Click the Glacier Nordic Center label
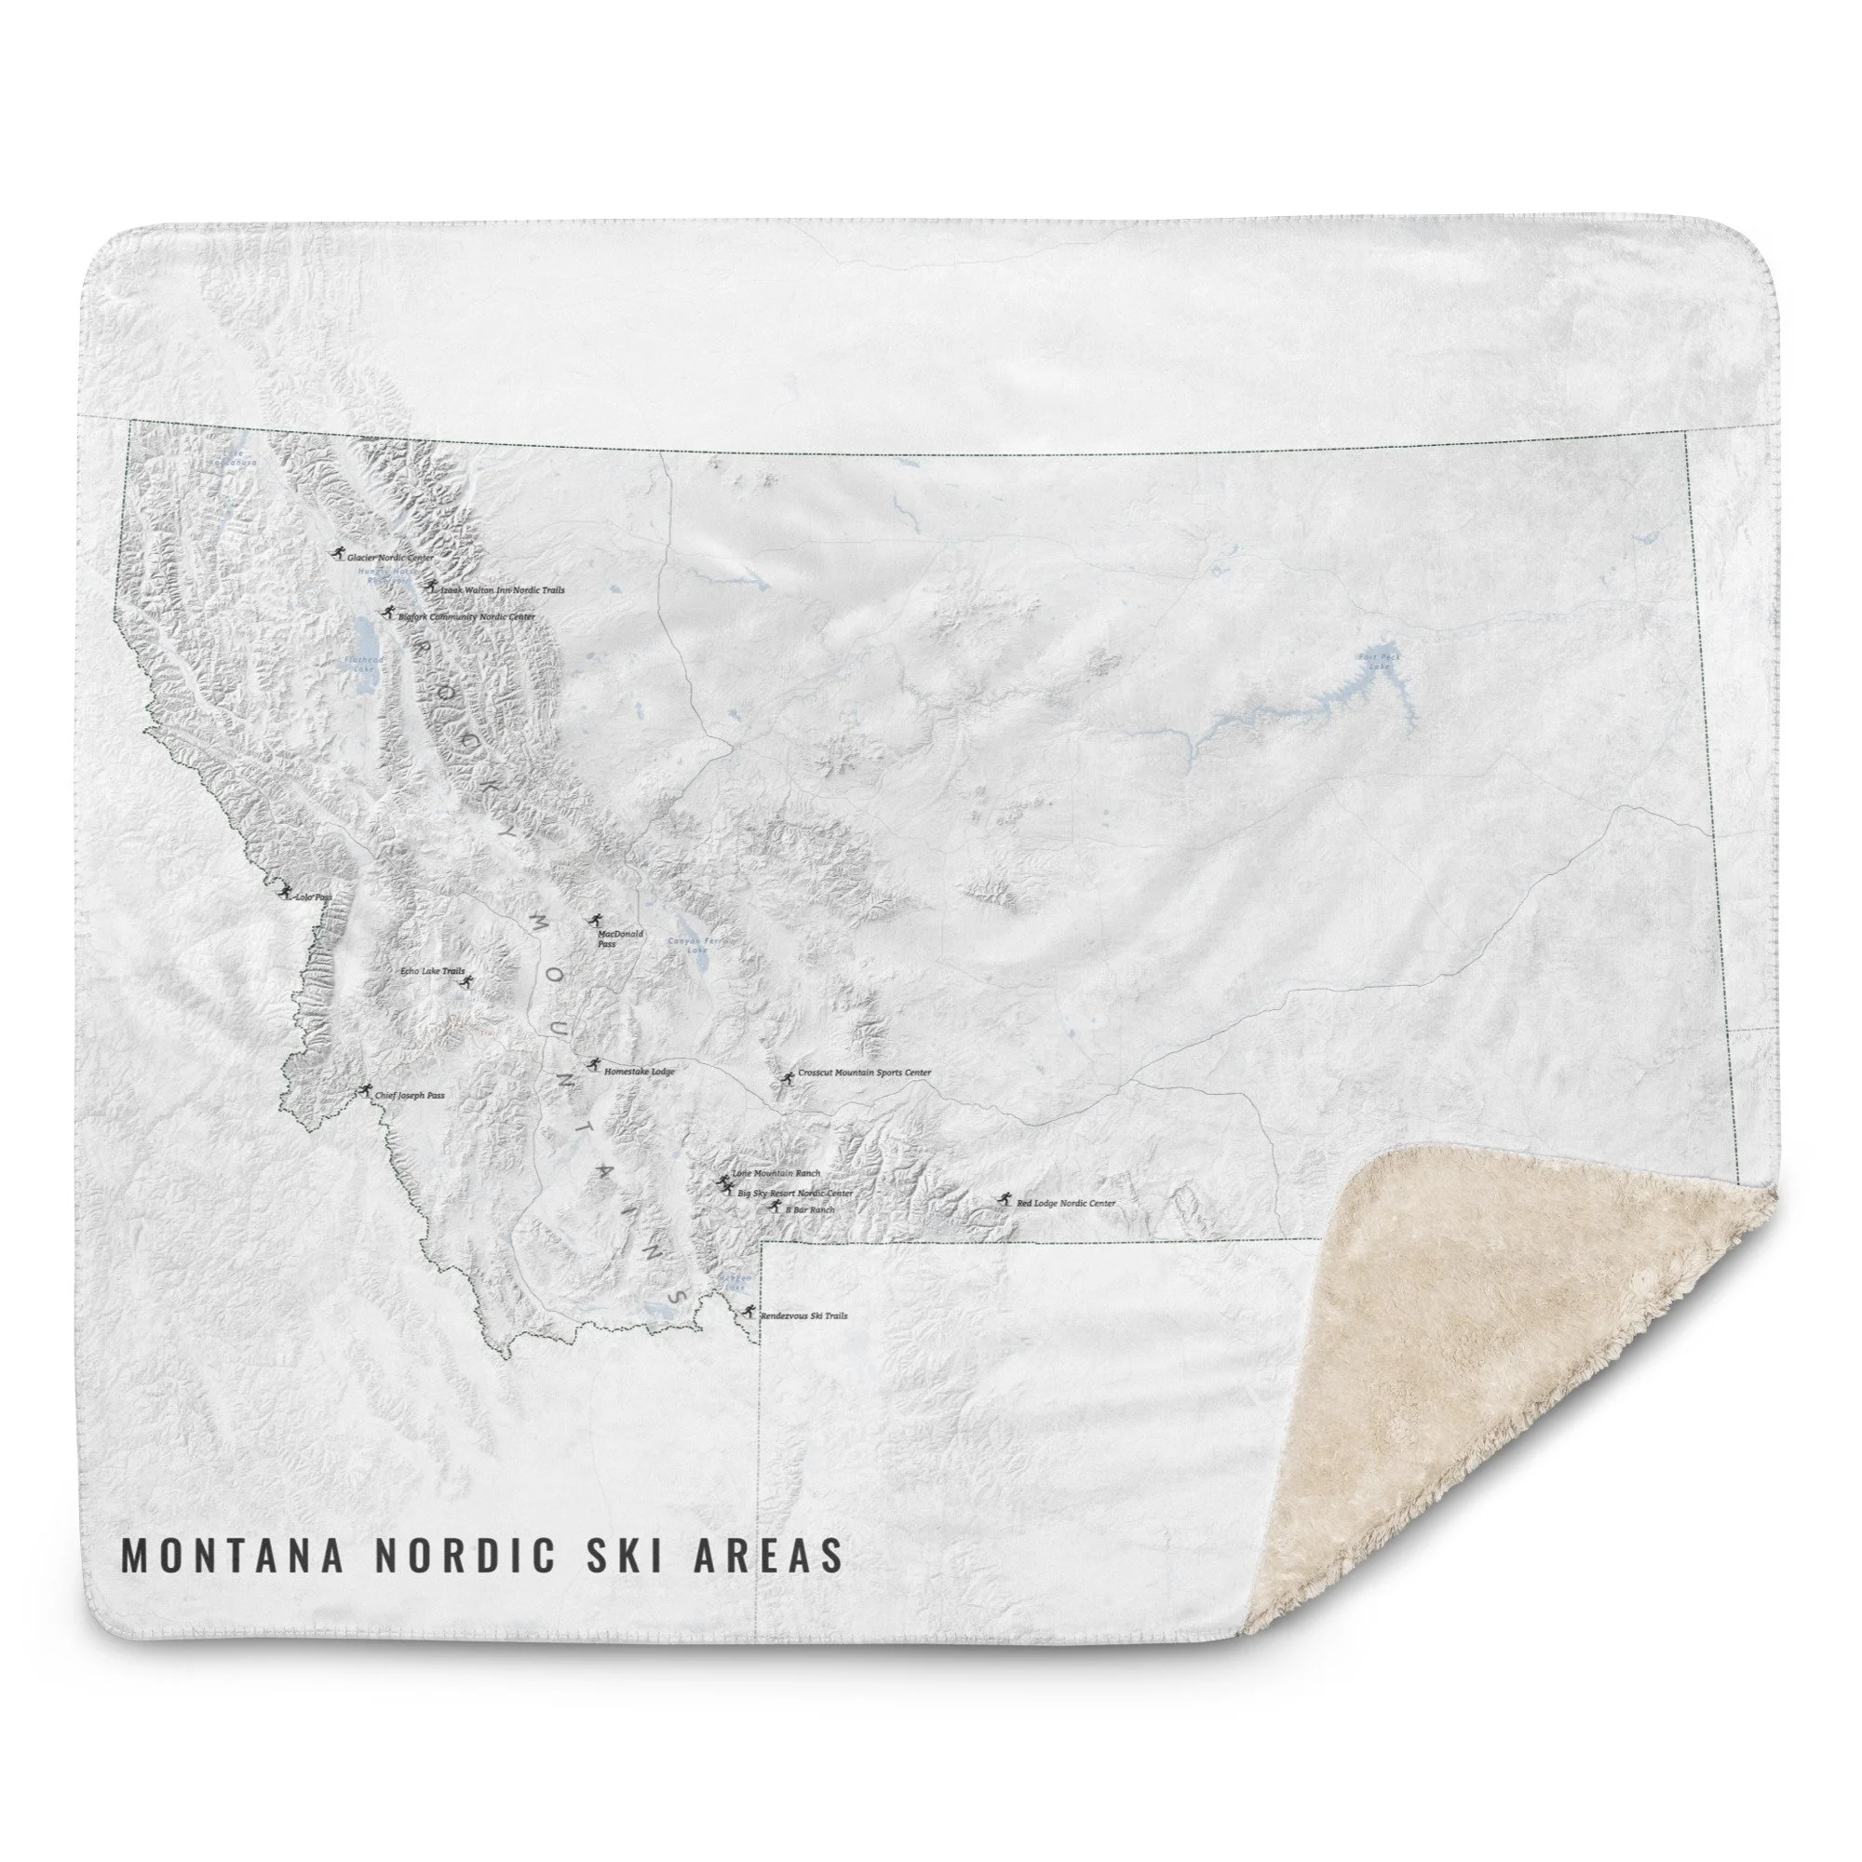[x=389, y=557]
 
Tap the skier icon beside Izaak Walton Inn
[x=432, y=586]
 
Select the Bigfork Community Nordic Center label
[x=465, y=617]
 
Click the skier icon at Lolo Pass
[x=283, y=891]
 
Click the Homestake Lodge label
[x=639, y=1071]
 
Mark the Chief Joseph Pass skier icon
[x=364, y=1089]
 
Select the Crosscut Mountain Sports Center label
[x=864, y=1073]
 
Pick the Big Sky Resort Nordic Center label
[x=794, y=1194]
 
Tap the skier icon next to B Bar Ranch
[x=771, y=1208]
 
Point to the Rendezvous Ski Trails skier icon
[x=749, y=1310]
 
